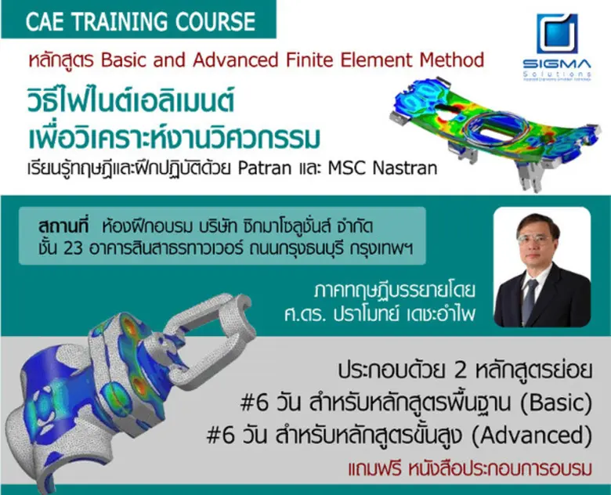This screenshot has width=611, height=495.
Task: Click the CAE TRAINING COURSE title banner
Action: point(140,20)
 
